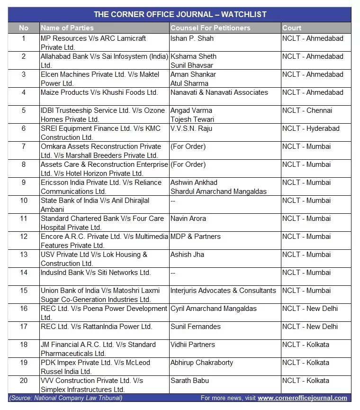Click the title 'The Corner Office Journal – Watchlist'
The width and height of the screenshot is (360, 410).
180,15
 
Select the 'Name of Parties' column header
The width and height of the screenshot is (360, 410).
67,28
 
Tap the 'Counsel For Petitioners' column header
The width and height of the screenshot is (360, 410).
210,28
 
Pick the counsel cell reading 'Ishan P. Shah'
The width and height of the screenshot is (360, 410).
192,38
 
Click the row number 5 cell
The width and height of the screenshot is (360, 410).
24,110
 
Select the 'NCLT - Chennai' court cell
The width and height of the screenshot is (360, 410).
307,110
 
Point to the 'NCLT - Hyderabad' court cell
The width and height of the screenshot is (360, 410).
310,128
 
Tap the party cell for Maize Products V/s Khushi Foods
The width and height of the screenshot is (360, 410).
99,92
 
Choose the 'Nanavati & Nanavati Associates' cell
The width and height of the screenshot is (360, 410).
219,92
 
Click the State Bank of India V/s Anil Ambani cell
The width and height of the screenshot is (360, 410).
95,205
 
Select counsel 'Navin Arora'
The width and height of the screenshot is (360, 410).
189,219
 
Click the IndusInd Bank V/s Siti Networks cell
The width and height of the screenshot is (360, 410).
95,273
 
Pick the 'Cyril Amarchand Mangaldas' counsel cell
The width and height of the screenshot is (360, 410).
213,309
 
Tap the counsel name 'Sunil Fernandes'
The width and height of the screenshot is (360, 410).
195,327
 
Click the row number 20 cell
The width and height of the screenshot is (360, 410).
24,381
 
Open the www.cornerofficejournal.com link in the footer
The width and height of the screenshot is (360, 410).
302,398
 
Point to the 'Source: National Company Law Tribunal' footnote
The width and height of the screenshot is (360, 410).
66,398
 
